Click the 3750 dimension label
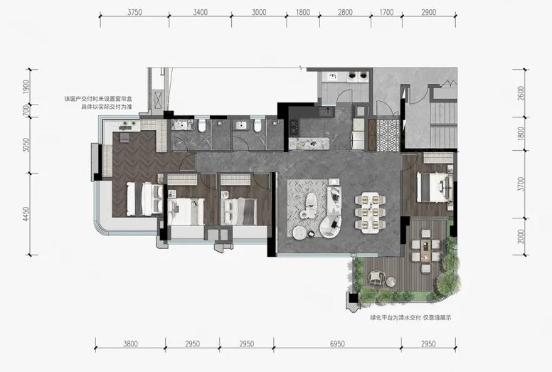tap(134, 12)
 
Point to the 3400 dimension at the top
tap(200, 12)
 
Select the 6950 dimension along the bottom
tap(337, 344)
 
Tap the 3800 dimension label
tap(130, 344)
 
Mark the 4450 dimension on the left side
tap(26, 214)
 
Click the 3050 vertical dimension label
tap(26, 144)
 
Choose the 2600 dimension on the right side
tap(521, 93)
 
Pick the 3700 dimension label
tap(521, 184)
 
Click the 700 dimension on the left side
tap(26, 110)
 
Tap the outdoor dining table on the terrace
tap(426, 251)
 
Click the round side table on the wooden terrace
tap(391, 282)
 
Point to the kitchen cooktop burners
tap(294, 127)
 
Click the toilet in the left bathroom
tap(202, 126)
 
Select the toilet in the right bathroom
tap(258, 126)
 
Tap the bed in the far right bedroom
tap(434, 187)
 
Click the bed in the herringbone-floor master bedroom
tap(144, 199)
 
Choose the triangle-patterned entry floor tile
tap(388, 135)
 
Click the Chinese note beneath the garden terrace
tap(410, 317)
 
